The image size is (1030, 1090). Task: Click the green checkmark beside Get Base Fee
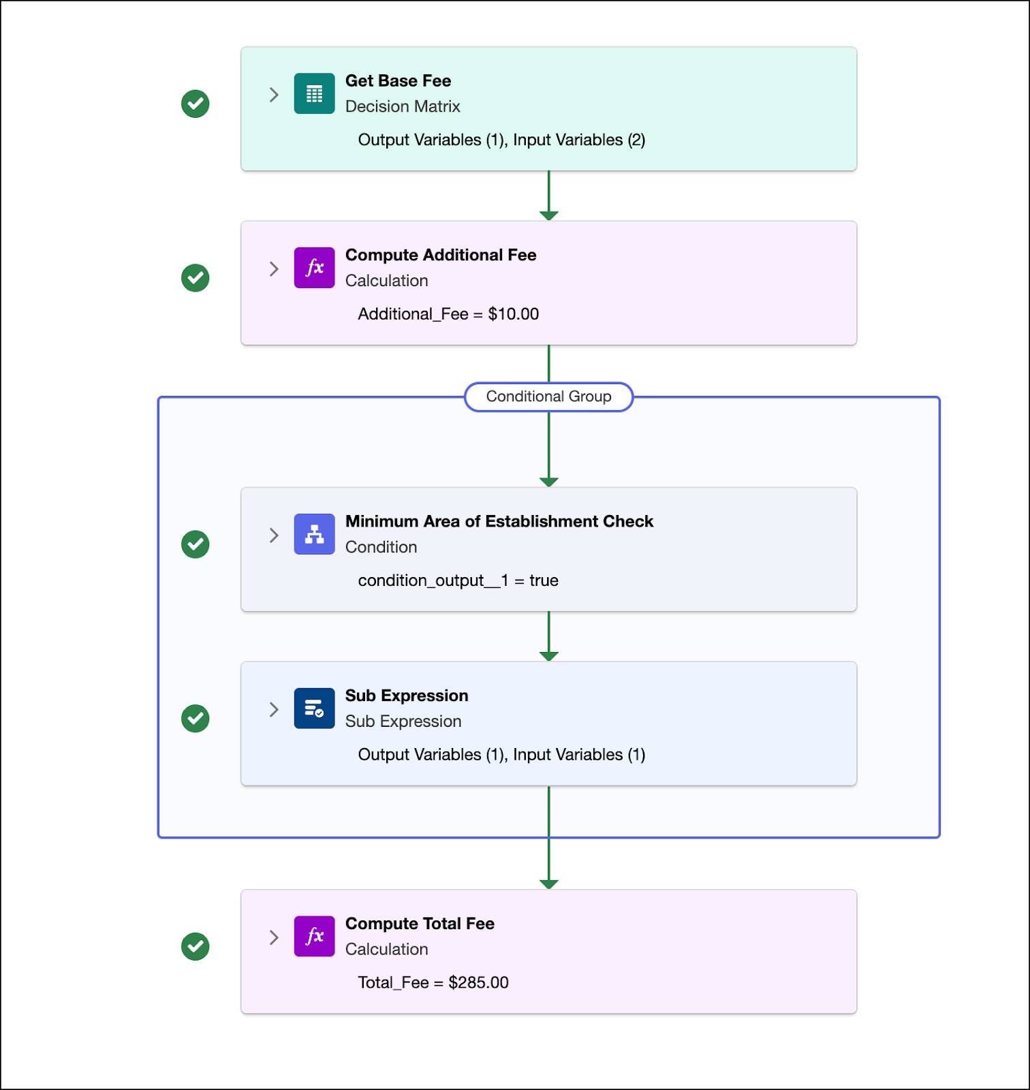point(196,104)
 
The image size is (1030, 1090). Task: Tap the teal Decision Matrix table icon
point(314,93)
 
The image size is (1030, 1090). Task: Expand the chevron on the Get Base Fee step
point(274,95)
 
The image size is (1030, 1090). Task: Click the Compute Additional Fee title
point(440,255)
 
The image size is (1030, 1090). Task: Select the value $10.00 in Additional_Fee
point(513,314)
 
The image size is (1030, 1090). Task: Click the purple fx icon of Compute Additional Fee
point(314,268)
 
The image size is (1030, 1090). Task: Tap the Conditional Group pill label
point(548,396)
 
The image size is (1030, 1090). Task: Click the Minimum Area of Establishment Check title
point(499,521)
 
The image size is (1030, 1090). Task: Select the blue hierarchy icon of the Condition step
point(314,534)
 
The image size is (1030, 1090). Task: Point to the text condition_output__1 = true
point(458,580)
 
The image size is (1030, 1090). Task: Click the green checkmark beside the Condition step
point(196,544)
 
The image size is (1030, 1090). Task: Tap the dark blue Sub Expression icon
point(314,708)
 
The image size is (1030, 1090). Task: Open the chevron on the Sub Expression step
point(274,709)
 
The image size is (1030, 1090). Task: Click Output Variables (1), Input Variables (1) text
point(501,755)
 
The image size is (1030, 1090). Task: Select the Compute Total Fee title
point(420,924)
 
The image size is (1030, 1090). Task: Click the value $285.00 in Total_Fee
point(478,982)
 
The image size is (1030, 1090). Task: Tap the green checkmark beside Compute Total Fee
point(196,946)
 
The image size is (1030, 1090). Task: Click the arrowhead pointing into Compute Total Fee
point(548,884)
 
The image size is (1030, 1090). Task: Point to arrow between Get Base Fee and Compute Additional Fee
point(548,195)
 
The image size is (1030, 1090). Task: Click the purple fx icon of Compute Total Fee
point(314,936)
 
